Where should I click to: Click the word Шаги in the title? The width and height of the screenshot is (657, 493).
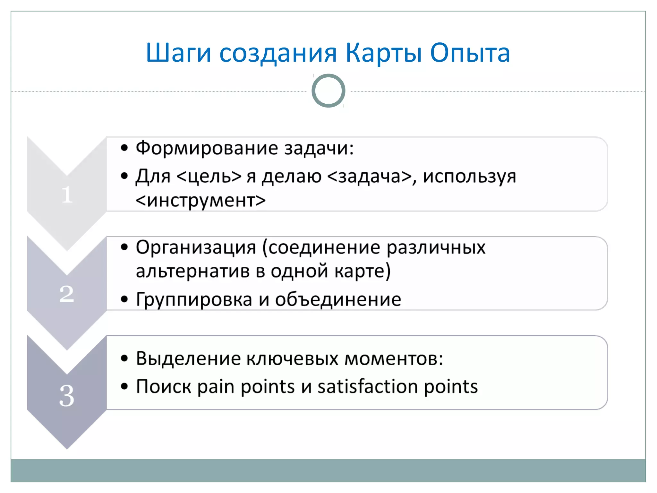pyautogui.click(x=178, y=53)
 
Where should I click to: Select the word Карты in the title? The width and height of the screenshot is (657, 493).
pyautogui.click(x=384, y=53)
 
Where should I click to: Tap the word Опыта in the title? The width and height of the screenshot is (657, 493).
pyautogui.click(x=470, y=53)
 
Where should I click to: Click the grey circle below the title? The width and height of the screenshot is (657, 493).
pyautogui.click(x=328, y=91)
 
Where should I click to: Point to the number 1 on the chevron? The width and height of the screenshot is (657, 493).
pyautogui.click(x=67, y=195)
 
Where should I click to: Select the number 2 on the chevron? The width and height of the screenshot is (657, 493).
pyautogui.click(x=67, y=294)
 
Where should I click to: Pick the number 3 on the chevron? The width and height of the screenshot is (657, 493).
pyautogui.click(x=67, y=396)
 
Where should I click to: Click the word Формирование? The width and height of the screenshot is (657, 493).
pyautogui.click(x=207, y=148)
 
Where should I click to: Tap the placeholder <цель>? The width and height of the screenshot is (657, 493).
pyautogui.click(x=209, y=176)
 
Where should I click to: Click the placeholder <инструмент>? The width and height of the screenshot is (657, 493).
pyautogui.click(x=201, y=201)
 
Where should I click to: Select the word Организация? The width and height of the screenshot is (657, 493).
pyautogui.click(x=196, y=247)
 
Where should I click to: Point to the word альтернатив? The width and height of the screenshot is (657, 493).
pyautogui.click(x=192, y=271)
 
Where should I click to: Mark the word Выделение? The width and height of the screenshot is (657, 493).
pyautogui.click(x=188, y=358)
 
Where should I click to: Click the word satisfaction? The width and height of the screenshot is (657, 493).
pyautogui.click(x=367, y=386)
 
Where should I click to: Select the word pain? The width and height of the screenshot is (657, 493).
pyautogui.click(x=216, y=386)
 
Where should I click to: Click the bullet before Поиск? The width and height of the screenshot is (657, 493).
pyautogui.click(x=124, y=386)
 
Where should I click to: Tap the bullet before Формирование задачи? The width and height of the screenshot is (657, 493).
pyautogui.click(x=124, y=148)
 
